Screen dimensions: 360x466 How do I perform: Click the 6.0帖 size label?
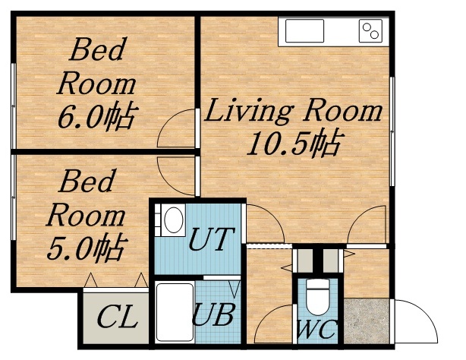[x=97, y=118]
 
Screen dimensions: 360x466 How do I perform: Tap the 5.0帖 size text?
[x=86, y=247]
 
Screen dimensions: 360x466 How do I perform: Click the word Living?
[x=248, y=112]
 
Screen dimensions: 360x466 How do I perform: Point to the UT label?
[x=212, y=242]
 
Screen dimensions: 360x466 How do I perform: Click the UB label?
[x=212, y=314]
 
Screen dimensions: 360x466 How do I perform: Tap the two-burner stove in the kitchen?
[x=371, y=31]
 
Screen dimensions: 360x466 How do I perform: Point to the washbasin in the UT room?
[x=173, y=221]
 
